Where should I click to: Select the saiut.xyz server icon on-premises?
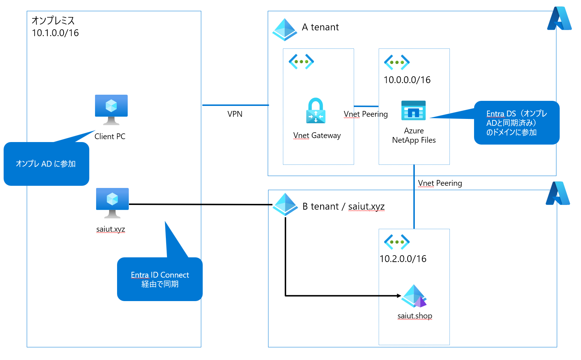click(112, 202)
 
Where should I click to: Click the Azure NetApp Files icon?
click(413, 110)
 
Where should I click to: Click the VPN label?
click(235, 114)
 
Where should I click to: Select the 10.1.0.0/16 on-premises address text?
click(55, 33)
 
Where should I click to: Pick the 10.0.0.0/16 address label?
click(407, 80)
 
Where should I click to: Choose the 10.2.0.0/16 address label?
click(403, 259)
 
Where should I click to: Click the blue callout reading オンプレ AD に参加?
click(46, 164)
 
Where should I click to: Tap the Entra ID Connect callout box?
click(160, 279)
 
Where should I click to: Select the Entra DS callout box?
click(516, 123)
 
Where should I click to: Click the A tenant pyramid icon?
click(285, 29)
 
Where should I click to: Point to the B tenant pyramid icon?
click(285, 204)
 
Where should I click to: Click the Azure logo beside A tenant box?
click(559, 18)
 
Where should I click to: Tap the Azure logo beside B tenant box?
click(558, 193)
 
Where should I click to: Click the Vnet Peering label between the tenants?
click(440, 183)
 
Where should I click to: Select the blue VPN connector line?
click(235, 105)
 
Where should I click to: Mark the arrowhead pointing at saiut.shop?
click(399, 296)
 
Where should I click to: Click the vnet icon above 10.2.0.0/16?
click(397, 242)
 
